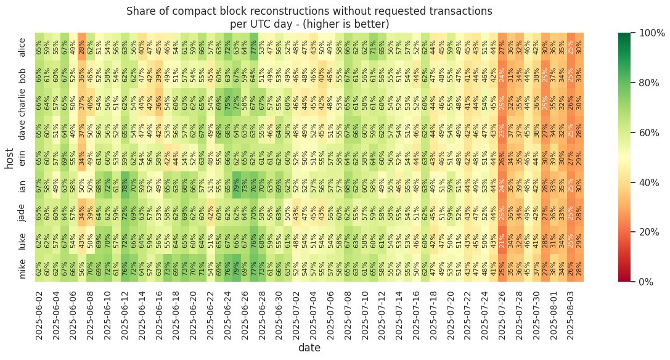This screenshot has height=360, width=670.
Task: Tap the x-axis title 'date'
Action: tap(309, 348)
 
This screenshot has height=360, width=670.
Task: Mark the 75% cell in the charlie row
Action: tap(227, 102)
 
